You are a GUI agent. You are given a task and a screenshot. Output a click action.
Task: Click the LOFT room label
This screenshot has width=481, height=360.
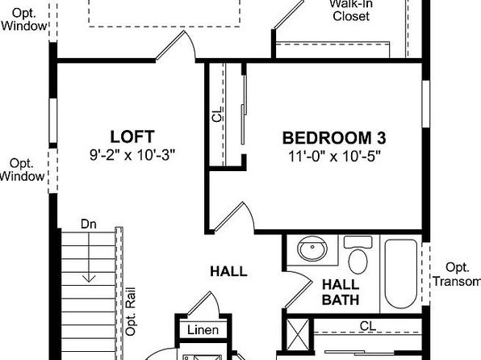pyautogui.click(x=132, y=137)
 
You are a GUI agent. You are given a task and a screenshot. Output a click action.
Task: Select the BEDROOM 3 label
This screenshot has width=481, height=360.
pyautogui.click(x=334, y=138)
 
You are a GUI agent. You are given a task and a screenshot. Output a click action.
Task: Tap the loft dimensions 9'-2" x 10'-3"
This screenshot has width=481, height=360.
pyautogui.click(x=132, y=155)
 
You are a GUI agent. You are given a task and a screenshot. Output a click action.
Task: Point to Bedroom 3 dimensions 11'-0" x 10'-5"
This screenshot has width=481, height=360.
pyautogui.click(x=334, y=157)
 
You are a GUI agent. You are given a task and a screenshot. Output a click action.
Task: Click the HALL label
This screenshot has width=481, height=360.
pyautogui.click(x=228, y=271)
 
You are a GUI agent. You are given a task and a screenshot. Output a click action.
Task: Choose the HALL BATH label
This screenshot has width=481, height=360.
pyautogui.click(x=341, y=292)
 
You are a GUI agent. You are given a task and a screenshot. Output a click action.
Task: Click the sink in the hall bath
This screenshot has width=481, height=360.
pyautogui.click(x=312, y=249)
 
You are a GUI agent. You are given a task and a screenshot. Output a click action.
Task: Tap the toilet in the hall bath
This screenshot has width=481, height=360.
pyautogui.click(x=358, y=254)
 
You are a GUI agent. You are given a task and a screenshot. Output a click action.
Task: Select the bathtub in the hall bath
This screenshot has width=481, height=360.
pyautogui.click(x=400, y=274)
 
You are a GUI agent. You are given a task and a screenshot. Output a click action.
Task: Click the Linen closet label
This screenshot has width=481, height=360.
pyautogui.click(x=203, y=330)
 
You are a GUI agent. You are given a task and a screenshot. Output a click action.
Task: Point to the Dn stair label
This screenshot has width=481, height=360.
pyautogui.click(x=88, y=224)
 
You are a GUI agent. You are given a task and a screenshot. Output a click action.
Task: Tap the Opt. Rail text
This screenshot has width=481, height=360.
pyautogui.click(x=131, y=312)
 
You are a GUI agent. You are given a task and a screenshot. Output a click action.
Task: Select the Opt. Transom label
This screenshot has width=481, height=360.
pyautogui.click(x=457, y=274)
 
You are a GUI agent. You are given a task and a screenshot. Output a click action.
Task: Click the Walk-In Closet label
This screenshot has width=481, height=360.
pyautogui.click(x=351, y=10)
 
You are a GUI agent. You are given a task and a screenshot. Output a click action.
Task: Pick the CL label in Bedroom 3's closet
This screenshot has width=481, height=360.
pyautogui.click(x=217, y=114)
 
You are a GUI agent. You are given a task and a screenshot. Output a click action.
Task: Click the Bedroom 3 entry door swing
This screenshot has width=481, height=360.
pyautogui.click(x=234, y=216)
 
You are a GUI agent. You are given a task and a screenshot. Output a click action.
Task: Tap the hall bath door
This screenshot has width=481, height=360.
pyautogui.click(x=299, y=290)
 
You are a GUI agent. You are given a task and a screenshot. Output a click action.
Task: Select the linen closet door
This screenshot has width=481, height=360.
pyautogui.click(x=203, y=303)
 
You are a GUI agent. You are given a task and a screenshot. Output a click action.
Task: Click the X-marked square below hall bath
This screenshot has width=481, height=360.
pyautogui.click(x=298, y=334)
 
